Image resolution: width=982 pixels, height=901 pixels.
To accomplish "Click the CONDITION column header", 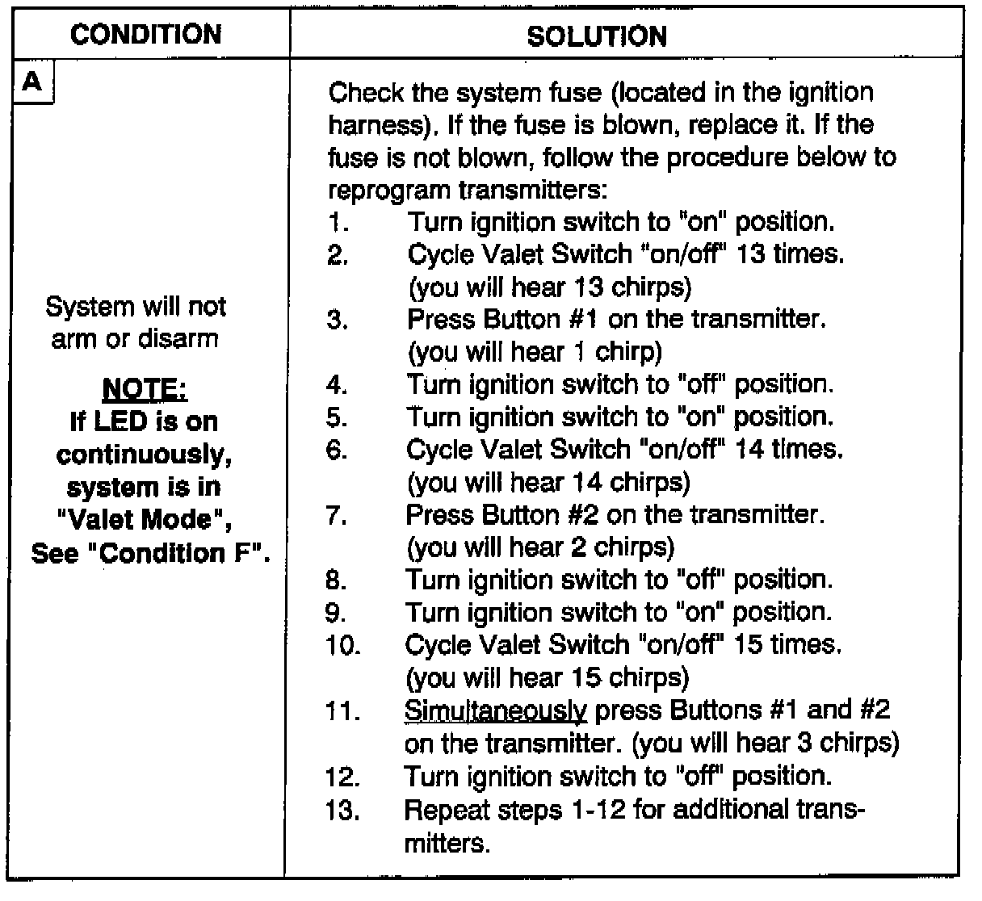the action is pos(145,35).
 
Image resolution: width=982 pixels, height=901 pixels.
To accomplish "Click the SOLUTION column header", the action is pos(597,36).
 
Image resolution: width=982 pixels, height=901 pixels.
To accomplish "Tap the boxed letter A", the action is pos(31,82).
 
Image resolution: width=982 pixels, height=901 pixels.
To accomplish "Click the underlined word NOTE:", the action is pos(145,389).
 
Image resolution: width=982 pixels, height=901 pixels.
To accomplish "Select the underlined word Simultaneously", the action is pos(496,710).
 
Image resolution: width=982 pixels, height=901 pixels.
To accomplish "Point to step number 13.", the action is pos(342,809).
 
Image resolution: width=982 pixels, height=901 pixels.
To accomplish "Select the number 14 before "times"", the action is pos(750,449).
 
